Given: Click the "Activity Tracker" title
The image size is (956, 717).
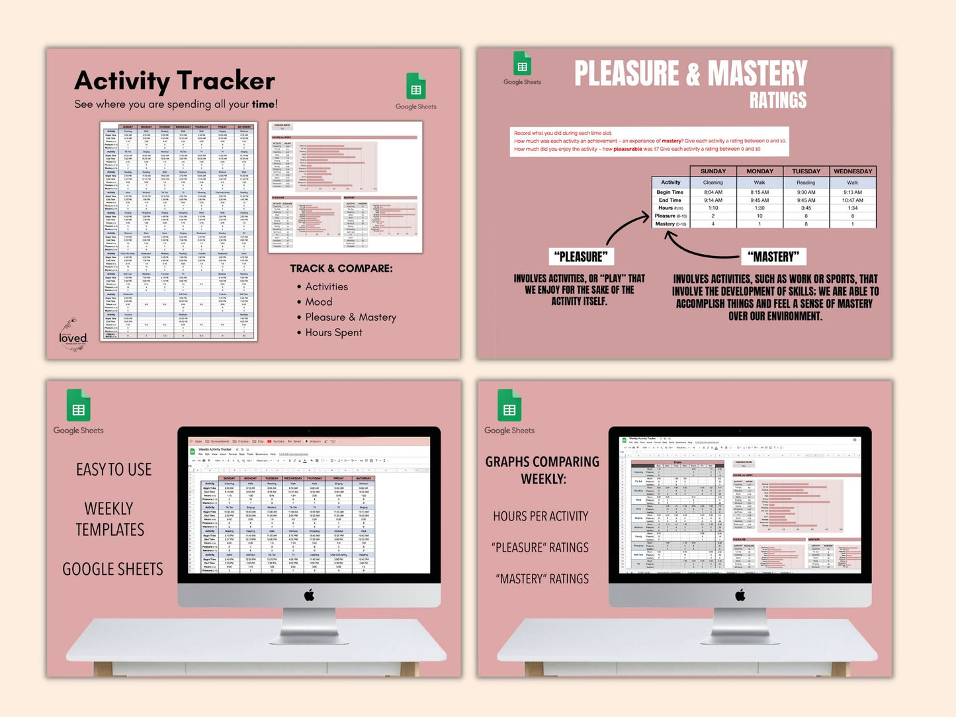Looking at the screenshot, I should (x=175, y=81).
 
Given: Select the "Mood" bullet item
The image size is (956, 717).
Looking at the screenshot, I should (x=318, y=302).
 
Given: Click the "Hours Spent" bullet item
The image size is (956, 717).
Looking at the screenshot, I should (x=333, y=333).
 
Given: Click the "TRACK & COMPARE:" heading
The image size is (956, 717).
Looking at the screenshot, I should (x=341, y=269).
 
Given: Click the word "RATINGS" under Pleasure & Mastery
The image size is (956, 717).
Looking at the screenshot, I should (x=778, y=101).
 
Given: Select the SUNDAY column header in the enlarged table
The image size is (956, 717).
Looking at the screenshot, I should (x=713, y=171).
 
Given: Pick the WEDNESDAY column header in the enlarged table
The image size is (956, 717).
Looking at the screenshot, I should (x=852, y=171).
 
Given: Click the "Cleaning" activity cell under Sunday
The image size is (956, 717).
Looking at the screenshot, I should (x=713, y=183).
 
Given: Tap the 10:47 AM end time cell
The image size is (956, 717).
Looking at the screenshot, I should (x=852, y=200).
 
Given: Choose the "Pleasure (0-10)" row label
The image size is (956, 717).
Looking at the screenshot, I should (x=670, y=216).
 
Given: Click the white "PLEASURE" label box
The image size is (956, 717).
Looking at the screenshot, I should (x=581, y=257).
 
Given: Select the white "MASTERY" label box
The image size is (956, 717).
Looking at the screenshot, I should (x=773, y=257).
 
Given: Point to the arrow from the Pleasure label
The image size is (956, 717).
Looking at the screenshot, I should (x=625, y=228).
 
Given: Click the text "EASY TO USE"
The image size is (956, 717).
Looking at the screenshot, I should (x=114, y=470).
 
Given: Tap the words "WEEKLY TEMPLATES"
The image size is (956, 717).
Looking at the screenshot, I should (x=110, y=519).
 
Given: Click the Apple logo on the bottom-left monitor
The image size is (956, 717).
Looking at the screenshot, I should (x=309, y=595).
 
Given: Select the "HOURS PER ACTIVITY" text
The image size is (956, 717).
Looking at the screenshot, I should (x=541, y=516).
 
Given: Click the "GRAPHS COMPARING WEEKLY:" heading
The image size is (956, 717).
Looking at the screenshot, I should (x=543, y=470).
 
